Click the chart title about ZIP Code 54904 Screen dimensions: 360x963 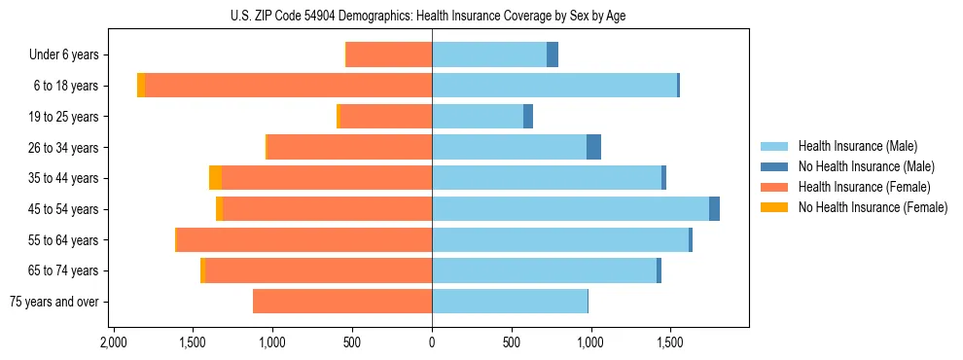(x=432, y=16)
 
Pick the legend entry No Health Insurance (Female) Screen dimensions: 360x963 (x=873, y=207)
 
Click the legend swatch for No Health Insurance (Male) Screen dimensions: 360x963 (x=775, y=166)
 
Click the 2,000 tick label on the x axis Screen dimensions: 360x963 (x=114, y=343)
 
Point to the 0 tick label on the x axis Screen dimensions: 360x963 (x=432, y=343)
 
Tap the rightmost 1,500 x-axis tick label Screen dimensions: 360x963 (x=669, y=343)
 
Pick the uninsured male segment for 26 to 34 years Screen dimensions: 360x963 (x=593, y=147)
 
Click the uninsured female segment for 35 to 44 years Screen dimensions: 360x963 (x=215, y=178)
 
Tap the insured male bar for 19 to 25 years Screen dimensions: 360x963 (x=478, y=117)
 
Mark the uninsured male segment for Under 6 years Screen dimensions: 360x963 (x=553, y=55)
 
